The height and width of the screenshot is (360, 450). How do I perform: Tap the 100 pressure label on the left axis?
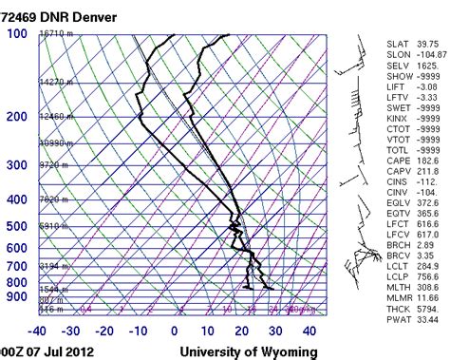pyautogui.click(x=17, y=34)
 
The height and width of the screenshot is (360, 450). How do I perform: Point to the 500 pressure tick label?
pyautogui.click(x=17, y=227)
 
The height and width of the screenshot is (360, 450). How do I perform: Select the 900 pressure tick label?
pyautogui.click(x=17, y=297)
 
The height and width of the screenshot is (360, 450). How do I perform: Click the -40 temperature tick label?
pyautogui.click(x=37, y=331)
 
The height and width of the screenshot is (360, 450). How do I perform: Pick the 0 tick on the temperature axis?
pyautogui.click(x=174, y=331)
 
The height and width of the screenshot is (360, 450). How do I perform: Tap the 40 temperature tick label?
pyautogui.click(x=309, y=331)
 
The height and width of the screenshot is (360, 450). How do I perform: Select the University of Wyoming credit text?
pyautogui.click(x=243, y=351)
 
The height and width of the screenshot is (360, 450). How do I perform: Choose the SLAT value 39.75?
pyautogui.click(x=426, y=45)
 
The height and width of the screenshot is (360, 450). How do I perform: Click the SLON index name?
pyautogui.click(x=400, y=56)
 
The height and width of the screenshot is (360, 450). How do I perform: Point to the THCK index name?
pyautogui.click(x=400, y=308)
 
